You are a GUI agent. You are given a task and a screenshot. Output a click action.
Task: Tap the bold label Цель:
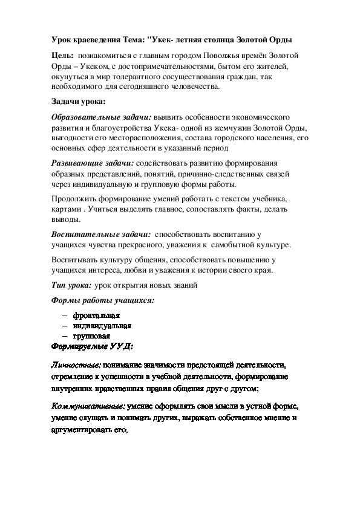click(x=62, y=56)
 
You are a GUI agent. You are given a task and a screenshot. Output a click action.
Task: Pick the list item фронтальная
click(x=97, y=316)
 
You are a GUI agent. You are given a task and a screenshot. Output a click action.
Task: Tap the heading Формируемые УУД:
click(x=93, y=346)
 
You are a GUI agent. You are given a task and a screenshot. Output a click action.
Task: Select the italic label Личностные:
click(x=76, y=366)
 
